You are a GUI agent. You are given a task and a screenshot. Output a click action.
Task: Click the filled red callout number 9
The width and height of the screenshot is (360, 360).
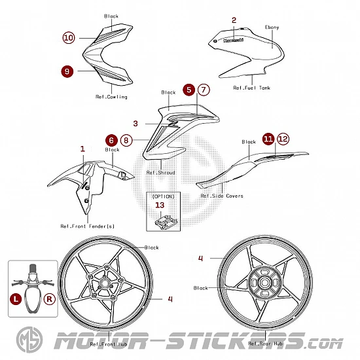click(67, 71)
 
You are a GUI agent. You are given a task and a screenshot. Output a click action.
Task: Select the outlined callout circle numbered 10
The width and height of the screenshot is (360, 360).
click(69, 38)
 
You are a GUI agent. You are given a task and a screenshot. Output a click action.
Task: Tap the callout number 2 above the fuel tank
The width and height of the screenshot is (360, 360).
click(234, 20)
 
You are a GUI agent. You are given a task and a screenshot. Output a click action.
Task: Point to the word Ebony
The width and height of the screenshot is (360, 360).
click(272, 27)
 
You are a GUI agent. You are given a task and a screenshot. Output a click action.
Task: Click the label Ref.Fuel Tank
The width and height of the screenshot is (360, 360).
click(251, 88)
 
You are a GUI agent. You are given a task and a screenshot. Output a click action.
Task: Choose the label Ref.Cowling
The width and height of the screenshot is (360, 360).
click(111, 97)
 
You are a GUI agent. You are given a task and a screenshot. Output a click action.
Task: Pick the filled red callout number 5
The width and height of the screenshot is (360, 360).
click(189, 90)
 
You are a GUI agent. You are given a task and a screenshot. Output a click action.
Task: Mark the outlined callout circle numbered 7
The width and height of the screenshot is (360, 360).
click(204, 90)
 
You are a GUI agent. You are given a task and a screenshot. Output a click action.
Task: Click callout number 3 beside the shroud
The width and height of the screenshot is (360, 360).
click(135, 124)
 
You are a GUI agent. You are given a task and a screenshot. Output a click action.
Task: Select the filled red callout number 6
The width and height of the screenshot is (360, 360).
click(111, 140)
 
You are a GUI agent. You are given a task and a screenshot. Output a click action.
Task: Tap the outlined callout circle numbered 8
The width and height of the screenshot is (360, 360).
click(126, 140)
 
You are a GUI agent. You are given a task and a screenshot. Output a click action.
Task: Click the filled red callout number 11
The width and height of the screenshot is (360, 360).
click(268, 139)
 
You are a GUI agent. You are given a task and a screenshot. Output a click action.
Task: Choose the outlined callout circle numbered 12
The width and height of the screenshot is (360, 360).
click(283, 139)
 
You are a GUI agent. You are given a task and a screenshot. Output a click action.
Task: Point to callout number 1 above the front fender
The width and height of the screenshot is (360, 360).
click(82, 149)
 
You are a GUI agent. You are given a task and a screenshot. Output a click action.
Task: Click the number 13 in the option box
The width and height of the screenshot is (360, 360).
click(160, 205)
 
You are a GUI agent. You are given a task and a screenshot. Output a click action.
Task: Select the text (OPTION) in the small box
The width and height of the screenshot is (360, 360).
click(163, 196)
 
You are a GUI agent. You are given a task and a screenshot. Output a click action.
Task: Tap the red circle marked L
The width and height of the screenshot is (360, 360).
click(16, 299)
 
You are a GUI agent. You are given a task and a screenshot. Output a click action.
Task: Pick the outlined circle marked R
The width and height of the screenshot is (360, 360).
click(50, 299)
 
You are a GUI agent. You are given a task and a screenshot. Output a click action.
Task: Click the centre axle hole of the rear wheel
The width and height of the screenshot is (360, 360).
click(264, 283)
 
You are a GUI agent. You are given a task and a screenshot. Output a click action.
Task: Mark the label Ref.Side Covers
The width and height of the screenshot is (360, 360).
click(222, 196)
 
